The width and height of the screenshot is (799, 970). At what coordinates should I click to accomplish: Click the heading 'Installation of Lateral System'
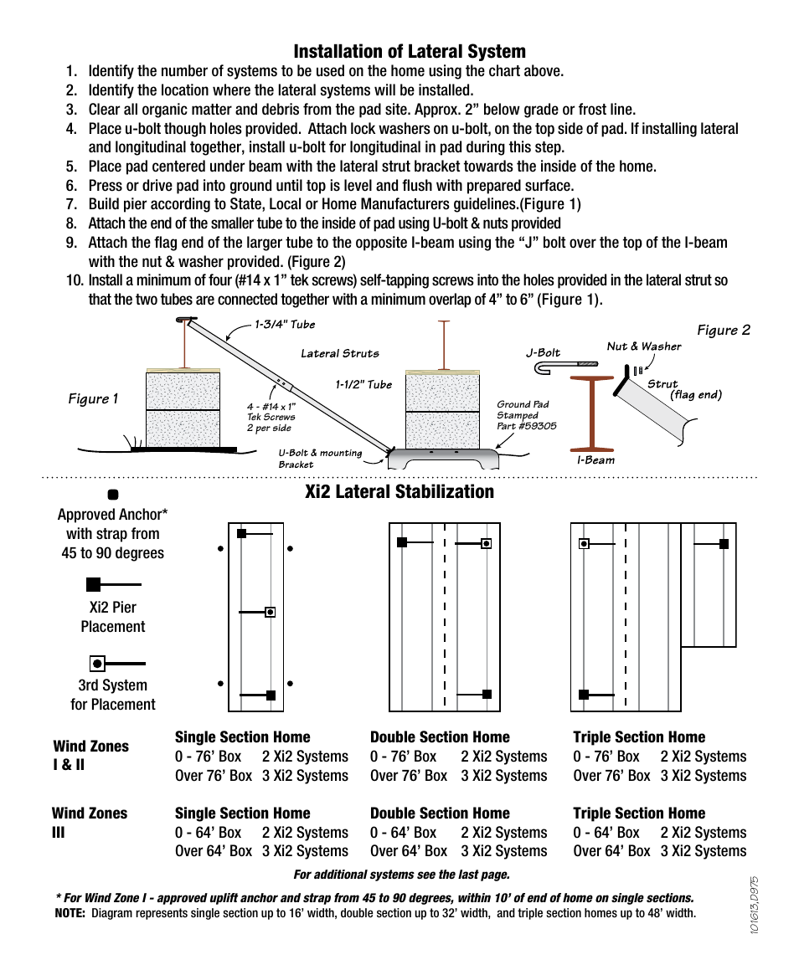click(x=410, y=52)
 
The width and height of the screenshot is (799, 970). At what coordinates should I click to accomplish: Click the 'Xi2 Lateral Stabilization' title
click(x=399, y=491)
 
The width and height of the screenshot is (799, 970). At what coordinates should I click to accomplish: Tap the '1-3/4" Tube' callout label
click(x=285, y=325)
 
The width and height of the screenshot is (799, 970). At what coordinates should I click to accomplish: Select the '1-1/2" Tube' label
click(x=363, y=384)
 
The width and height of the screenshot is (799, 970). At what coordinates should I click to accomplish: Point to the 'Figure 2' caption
click(x=724, y=330)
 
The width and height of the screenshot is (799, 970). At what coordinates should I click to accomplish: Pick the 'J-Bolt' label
click(x=543, y=352)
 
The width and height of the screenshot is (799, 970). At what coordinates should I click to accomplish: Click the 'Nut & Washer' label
click(x=643, y=346)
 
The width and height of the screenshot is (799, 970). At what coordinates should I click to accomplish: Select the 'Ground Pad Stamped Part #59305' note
click(x=526, y=415)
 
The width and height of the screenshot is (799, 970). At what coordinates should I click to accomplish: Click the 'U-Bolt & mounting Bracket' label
click(x=320, y=459)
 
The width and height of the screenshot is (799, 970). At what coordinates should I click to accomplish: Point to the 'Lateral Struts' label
click(x=339, y=353)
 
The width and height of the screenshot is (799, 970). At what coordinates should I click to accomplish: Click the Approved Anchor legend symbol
click(x=113, y=495)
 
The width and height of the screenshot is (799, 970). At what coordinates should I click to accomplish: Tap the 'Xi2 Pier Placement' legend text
click(x=113, y=617)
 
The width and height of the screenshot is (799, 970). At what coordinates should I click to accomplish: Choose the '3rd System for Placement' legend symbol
click(x=98, y=664)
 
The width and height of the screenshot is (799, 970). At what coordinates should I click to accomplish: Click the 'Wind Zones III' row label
click(x=89, y=822)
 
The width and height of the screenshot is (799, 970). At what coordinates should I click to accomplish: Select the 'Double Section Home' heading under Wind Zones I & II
click(x=440, y=737)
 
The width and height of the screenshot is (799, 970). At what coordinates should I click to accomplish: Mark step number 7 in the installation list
click(x=71, y=204)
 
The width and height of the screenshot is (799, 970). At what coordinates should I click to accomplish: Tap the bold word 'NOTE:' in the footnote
click(x=69, y=913)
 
